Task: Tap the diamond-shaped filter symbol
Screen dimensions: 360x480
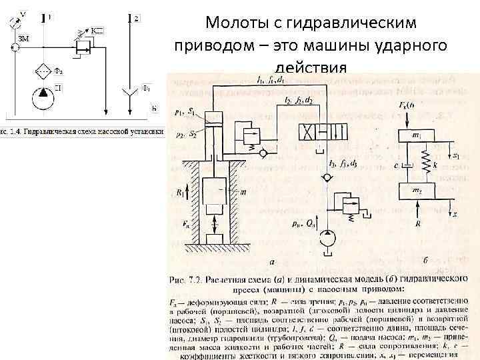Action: pyautogui.click(x=43, y=69)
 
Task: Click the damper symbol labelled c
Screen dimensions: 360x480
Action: pyautogui.click(x=408, y=164)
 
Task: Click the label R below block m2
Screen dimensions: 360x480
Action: pyautogui.click(x=418, y=225)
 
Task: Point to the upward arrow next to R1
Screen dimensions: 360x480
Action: pyautogui.click(x=187, y=193)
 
